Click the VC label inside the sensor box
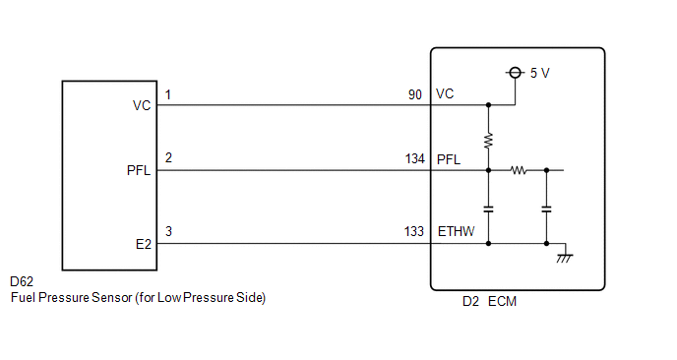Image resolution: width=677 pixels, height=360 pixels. click(141, 105)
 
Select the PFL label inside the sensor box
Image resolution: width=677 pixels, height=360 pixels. click(139, 171)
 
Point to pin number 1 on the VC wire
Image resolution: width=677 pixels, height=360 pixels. click(168, 94)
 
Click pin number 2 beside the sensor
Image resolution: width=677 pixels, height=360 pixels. click(168, 158)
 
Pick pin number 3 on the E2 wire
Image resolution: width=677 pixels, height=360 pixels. click(168, 232)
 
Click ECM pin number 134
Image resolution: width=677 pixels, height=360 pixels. click(414, 158)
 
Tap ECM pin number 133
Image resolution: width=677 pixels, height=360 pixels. click(414, 232)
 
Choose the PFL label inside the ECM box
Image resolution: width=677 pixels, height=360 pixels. click(448, 158)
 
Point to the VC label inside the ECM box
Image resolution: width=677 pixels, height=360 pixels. click(444, 94)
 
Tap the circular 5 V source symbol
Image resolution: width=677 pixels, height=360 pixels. click(514, 73)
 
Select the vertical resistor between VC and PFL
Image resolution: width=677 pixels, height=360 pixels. click(488, 139)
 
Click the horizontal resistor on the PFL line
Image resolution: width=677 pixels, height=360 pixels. click(518, 170)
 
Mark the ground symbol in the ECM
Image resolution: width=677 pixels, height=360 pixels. click(564, 256)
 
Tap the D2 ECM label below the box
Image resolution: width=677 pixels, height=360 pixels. click(488, 301)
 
